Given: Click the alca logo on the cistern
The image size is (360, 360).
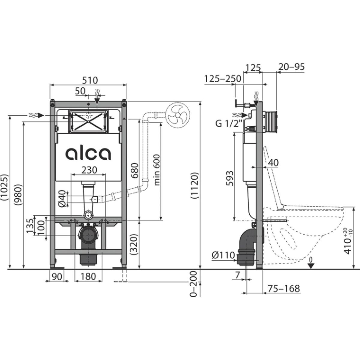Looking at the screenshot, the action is coord(88,154).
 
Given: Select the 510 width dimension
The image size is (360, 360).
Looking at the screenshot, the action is coord(90,80).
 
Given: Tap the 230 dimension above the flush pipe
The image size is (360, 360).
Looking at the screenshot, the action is coord(89,170).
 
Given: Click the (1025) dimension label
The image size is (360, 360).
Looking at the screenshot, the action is coord(4,187).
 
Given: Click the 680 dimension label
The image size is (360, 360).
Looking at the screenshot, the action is coord(135,170).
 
